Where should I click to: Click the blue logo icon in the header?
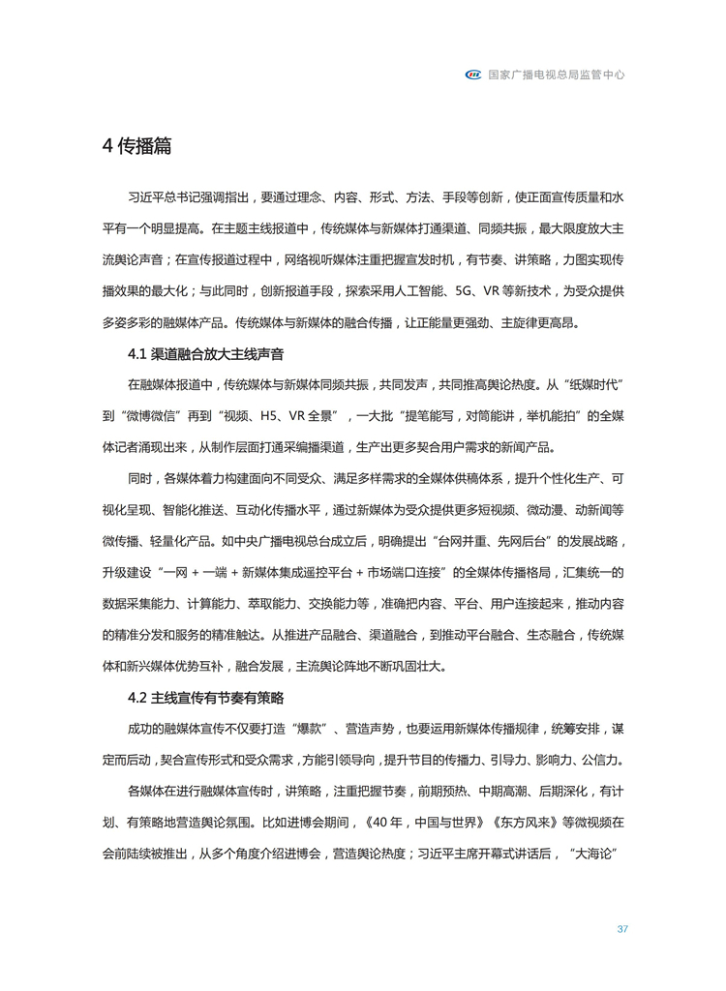pos(474,74)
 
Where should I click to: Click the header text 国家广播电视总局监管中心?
pos(556,74)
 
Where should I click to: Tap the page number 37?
pos(622,929)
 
